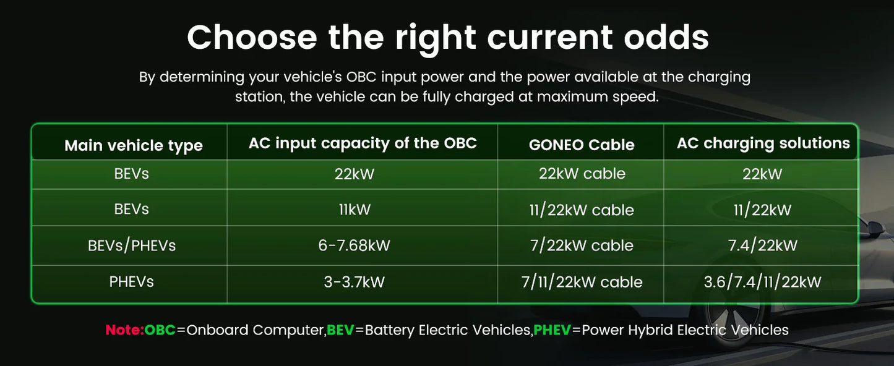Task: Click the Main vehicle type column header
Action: (134, 146)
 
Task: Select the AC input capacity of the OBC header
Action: (363, 143)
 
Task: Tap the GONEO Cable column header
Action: (582, 145)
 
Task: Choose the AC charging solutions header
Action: (763, 143)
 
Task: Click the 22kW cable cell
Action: (582, 174)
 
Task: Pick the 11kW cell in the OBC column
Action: (355, 210)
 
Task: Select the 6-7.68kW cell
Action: (355, 245)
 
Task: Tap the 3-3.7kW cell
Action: (355, 282)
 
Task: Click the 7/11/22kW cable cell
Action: (582, 283)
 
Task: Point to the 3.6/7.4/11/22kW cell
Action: (762, 283)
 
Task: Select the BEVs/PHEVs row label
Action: (132, 245)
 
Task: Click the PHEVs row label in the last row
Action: (132, 282)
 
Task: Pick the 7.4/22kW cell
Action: (762, 245)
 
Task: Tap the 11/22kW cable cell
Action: (582, 210)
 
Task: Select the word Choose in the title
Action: (252, 37)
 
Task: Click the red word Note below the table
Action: (124, 330)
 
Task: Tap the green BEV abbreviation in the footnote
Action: (340, 330)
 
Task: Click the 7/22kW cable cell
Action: (582, 245)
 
